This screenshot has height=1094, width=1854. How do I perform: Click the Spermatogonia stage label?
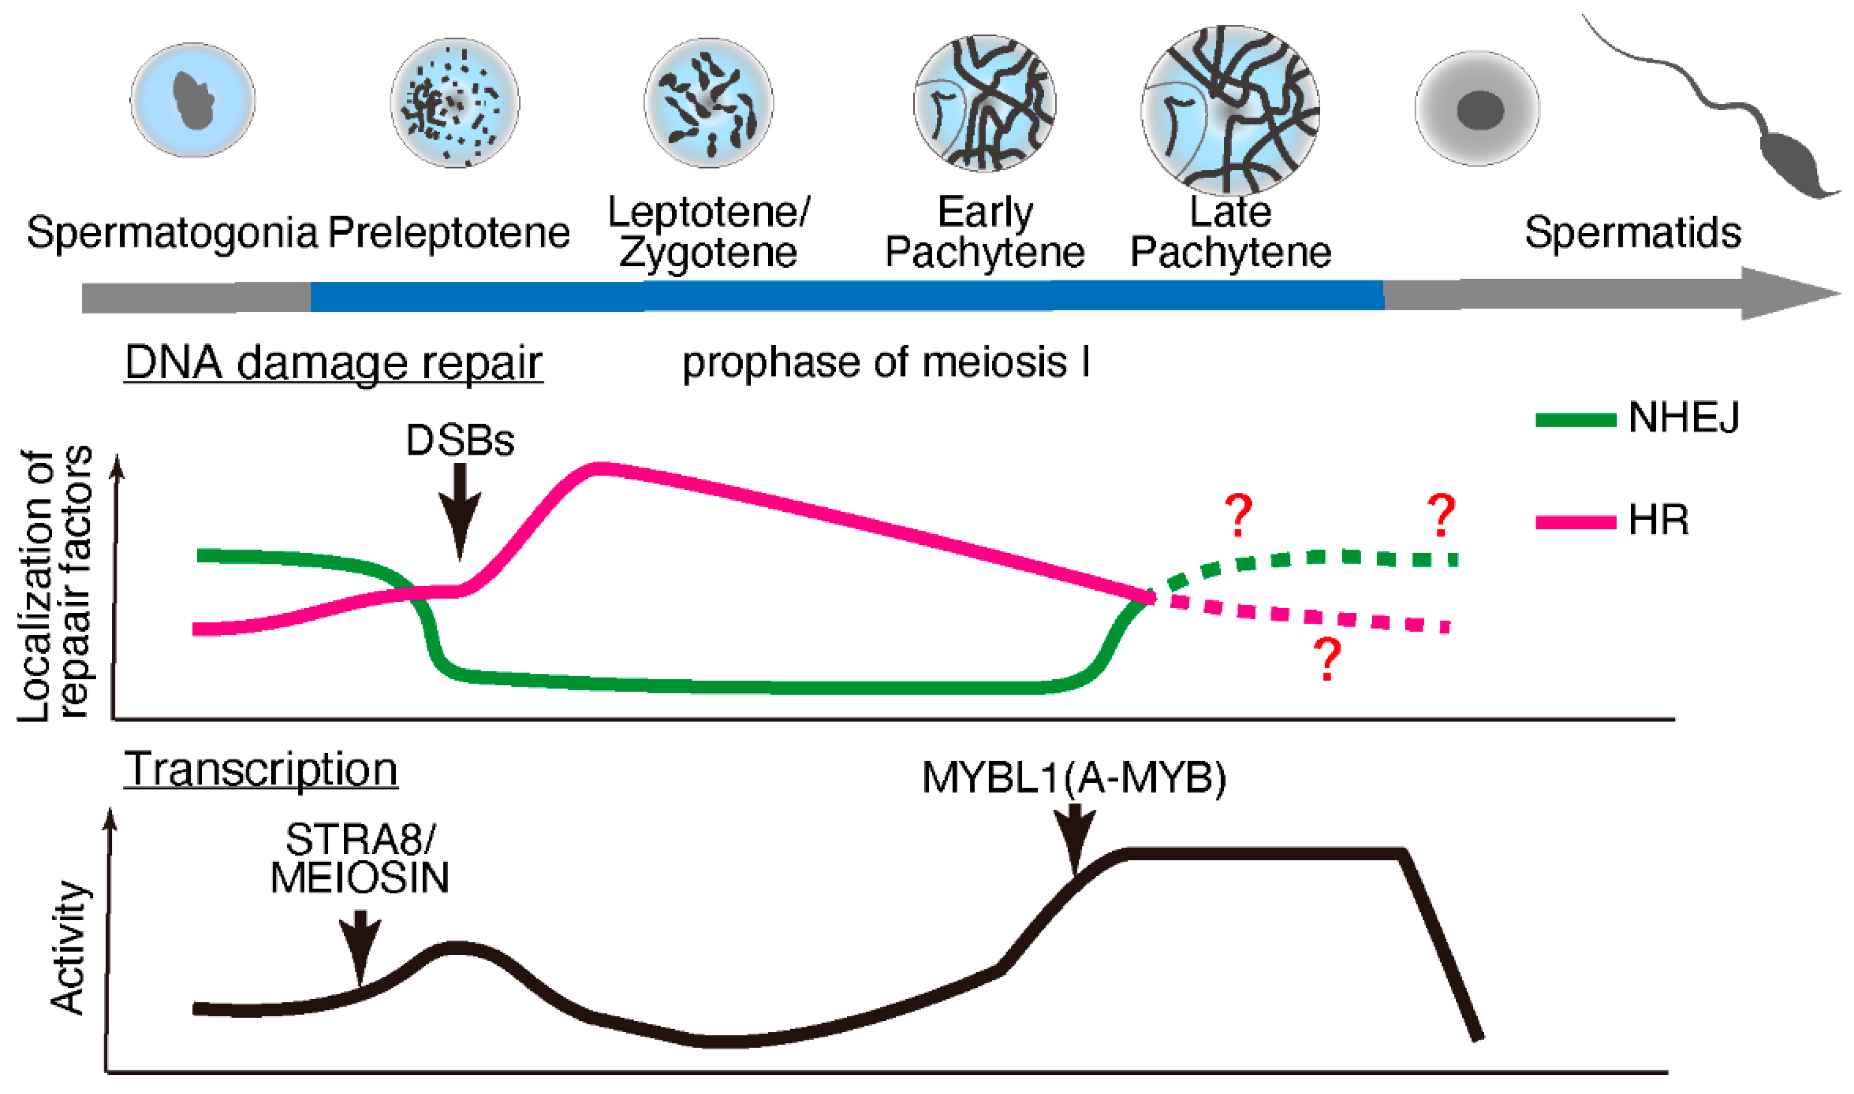[x=172, y=233]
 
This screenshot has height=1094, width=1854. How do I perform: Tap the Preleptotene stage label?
[x=449, y=233]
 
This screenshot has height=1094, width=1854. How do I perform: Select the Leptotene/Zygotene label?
[x=708, y=232]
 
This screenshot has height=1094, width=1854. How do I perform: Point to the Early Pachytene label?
[x=985, y=232]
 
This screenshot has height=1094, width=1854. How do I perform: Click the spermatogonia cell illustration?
[x=193, y=100]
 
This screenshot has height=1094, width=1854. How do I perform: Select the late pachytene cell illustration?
[x=1230, y=111]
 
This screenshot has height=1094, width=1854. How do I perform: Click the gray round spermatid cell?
[x=1477, y=109]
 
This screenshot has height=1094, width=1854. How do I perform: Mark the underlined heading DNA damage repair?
[x=333, y=363]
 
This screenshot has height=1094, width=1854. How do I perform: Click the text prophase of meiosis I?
[x=886, y=363]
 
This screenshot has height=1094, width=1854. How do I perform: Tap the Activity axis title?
[x=68, y=948]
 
